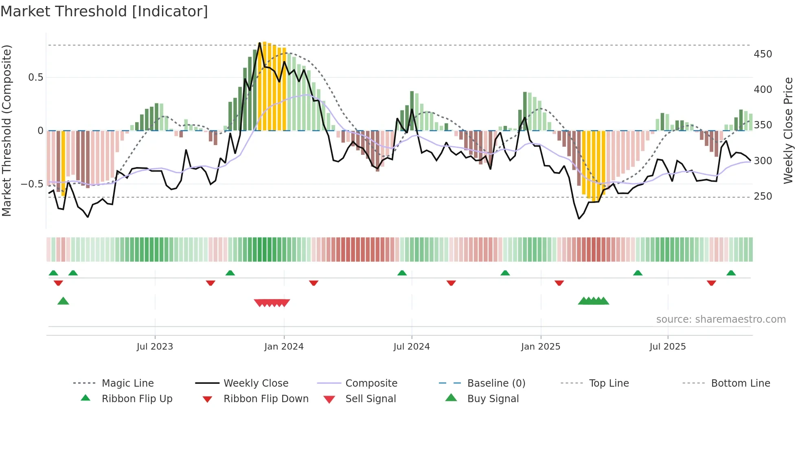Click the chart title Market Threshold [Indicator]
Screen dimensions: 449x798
pos(104,11)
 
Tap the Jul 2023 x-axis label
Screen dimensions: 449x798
pos(155,347)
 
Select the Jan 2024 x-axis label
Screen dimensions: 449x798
pos(284,347)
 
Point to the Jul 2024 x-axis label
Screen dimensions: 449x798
pos(411,347)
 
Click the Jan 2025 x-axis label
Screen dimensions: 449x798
pos(540,347)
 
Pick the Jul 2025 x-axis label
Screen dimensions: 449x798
pos(667,347)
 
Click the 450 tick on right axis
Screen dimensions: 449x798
pos(763,54)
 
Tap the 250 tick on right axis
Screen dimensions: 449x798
pos(763,196)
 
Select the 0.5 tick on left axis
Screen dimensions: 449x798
pos(35,77)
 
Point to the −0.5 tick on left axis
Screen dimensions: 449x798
pos(32,184)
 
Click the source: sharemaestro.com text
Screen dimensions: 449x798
pos(721,319)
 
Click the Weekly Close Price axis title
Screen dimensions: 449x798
pos(788,130)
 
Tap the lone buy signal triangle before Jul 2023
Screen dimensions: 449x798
pos(63,301)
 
